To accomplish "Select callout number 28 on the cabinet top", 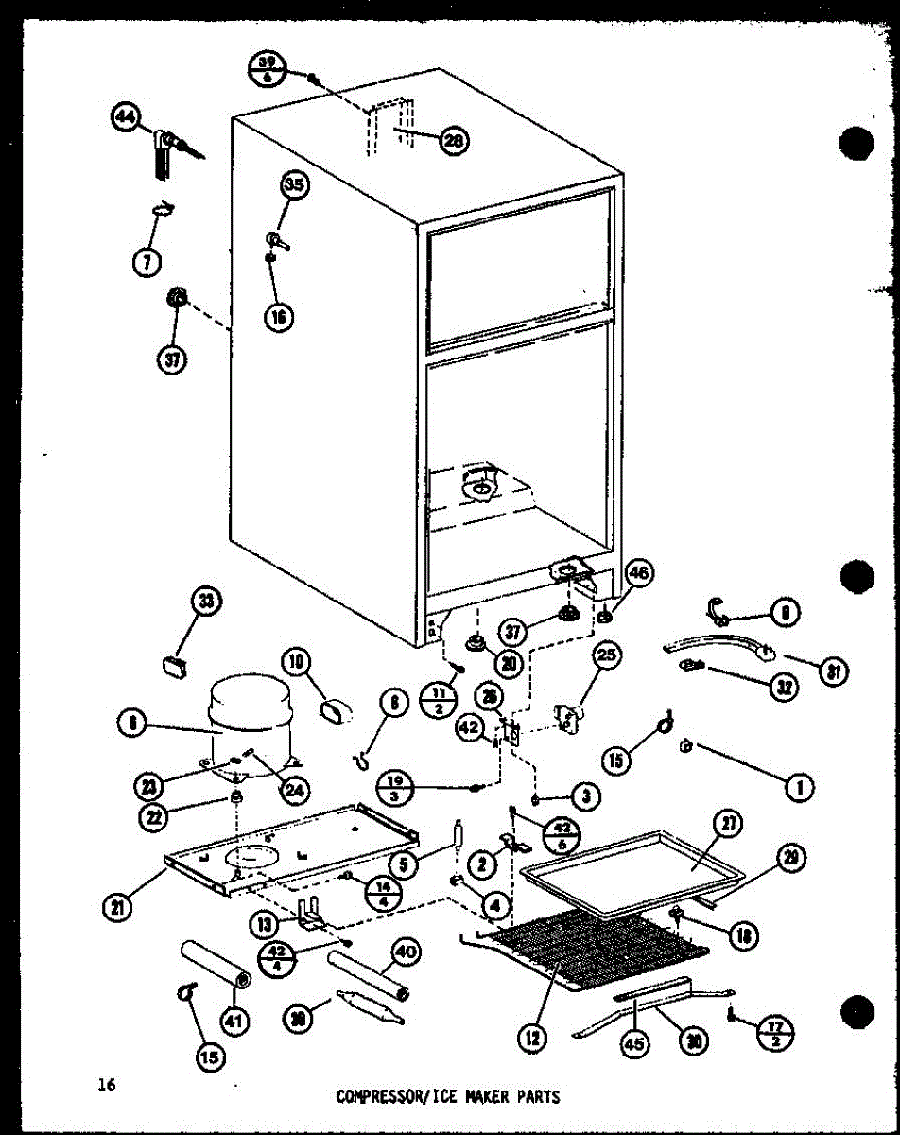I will click(455, 140).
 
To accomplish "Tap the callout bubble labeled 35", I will click(294, 185).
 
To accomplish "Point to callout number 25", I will click(606, 654).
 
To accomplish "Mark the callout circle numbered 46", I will click(640, 573).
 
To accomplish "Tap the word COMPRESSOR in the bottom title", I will click(377, 1097).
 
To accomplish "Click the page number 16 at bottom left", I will click(104, 1084).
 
